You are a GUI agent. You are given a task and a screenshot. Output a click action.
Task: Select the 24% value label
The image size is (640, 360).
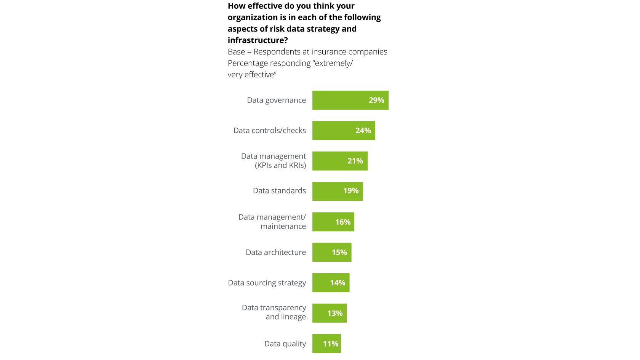363,131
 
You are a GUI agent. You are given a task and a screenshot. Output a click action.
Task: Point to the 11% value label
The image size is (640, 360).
330,344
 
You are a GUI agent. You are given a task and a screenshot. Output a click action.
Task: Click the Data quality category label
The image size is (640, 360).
285,344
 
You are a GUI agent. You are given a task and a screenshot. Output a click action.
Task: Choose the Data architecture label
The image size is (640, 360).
275,253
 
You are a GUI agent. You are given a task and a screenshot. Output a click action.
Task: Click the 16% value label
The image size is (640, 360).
342,222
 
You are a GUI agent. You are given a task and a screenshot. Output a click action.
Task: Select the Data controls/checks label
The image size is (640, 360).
269,131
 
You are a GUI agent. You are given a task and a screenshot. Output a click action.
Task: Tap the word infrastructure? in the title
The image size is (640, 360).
258,40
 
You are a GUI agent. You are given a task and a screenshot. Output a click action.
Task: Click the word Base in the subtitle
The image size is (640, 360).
236,52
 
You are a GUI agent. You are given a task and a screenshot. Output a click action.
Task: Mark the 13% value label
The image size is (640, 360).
335,314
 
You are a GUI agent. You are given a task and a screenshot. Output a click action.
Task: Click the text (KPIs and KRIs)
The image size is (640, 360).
280,165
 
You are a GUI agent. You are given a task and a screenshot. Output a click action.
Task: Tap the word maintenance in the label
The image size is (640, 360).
283,226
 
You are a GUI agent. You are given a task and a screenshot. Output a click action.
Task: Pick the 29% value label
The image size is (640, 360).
376,100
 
